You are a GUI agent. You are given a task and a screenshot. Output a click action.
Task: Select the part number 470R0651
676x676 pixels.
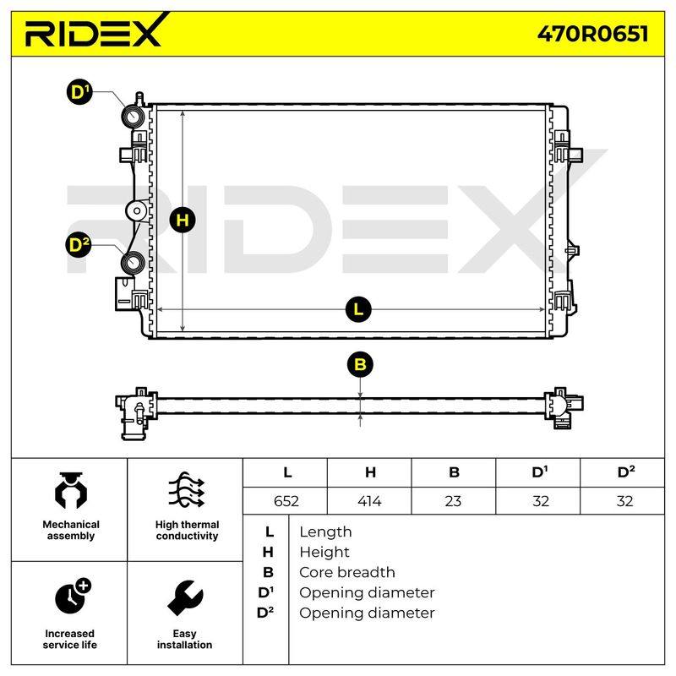coord(592,34)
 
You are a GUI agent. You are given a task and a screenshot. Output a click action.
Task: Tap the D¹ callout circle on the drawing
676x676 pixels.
coord(79,92)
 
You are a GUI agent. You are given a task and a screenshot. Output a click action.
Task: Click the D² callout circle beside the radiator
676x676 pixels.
coord(79,244)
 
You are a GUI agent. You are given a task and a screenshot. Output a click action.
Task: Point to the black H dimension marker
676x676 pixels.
coord(183,221)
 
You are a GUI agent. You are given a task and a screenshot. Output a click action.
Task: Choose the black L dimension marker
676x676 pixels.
coord(358,309)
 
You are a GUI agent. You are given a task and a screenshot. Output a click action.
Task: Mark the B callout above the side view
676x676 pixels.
coord(360,364)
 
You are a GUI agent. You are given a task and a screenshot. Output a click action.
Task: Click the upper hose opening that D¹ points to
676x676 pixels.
coord(133,117)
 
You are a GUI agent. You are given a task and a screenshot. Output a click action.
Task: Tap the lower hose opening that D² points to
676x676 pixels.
coord(133,262)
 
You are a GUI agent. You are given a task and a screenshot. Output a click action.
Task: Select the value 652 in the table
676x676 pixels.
coord(286,501)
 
